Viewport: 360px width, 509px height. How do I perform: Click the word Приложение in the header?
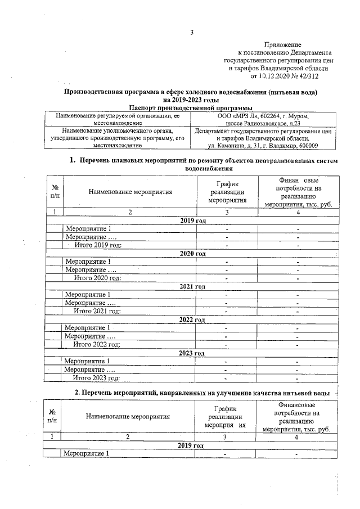[282, 44]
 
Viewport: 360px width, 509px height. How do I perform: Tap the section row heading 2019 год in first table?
[192, 220]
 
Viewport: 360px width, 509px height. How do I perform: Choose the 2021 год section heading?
[192, 286]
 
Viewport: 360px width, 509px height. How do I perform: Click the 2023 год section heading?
[192, 353]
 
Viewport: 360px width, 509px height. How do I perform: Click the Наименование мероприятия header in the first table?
[130, 192]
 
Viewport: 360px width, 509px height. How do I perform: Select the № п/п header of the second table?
[53, 417]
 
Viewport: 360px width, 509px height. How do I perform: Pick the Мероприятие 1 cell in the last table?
[87, 453]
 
